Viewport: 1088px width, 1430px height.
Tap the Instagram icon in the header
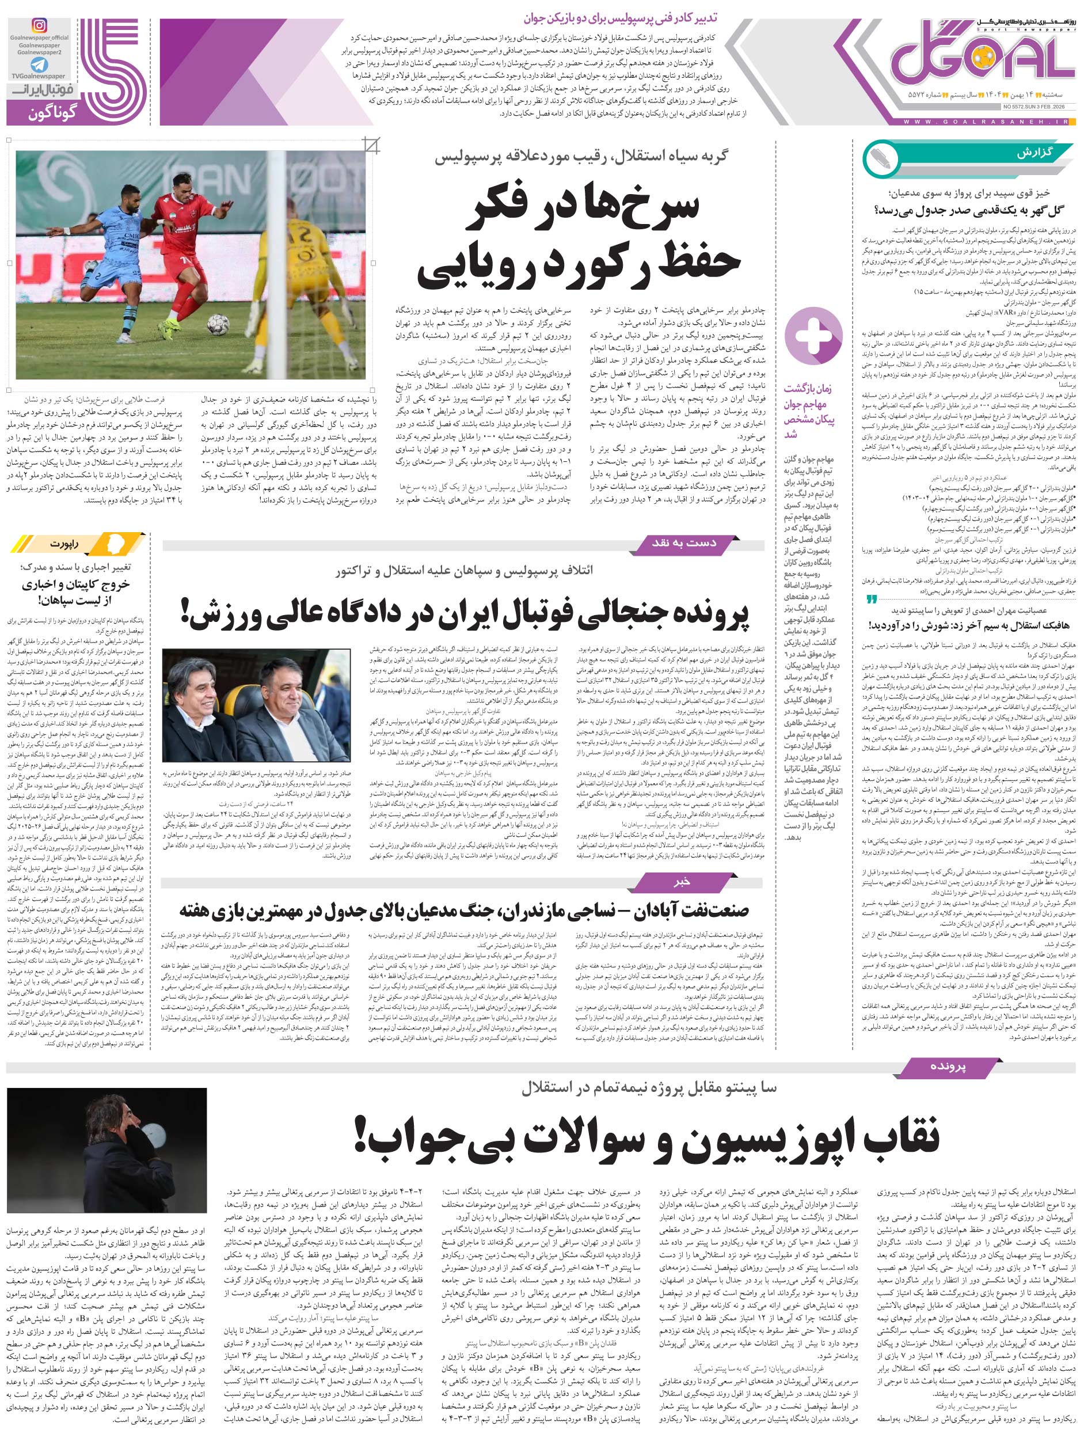click(40, 26)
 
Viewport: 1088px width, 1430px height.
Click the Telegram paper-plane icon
click(39, 66)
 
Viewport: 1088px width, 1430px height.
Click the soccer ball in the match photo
click(218, 324)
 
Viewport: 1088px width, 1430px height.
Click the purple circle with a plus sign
click(813, 336)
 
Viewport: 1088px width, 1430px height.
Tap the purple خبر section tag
click(682, 882)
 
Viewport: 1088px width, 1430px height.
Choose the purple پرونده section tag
click(947, 1066)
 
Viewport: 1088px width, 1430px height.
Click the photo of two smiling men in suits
click(256, 705)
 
